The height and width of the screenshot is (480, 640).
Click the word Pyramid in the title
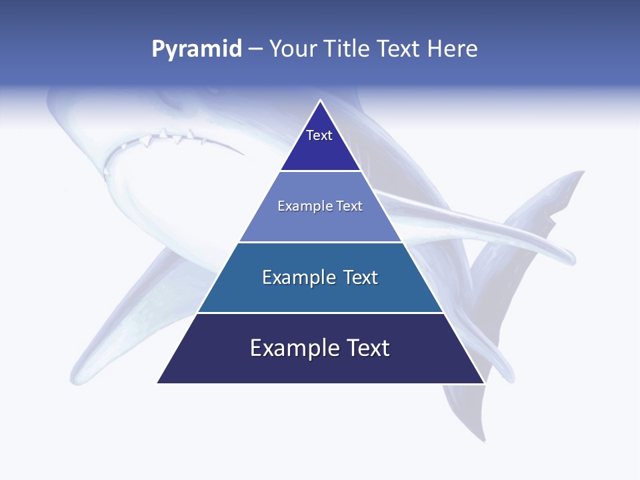[x=197, y=49]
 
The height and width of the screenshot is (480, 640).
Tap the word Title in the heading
[x=349, y=49]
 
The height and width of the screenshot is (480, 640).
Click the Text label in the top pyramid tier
[x=319, y=135]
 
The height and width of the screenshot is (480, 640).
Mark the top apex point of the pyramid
[x=321, y=100]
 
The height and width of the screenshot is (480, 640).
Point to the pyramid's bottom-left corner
[x=157, y=383]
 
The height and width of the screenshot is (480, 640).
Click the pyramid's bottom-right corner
[x=485, y=383]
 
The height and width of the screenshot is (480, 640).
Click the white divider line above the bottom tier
[x=320, y=313]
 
